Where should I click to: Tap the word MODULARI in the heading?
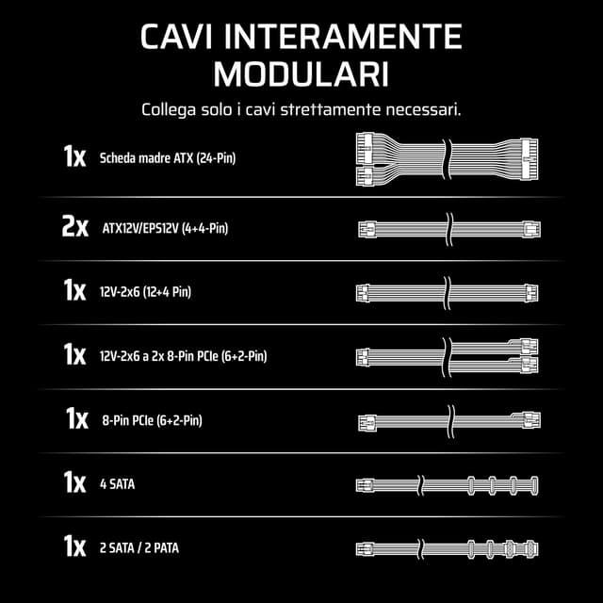pyautogui.click(x=301, y=73)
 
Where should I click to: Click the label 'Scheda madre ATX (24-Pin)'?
pyautogui.click(x=167, y=157)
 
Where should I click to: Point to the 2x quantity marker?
pyautogui.click(x=74, y=227)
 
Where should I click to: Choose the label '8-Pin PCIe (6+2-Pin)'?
pyautogui.click(x=152, y=420)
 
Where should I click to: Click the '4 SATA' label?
pyautogui.click(x=118, y=484)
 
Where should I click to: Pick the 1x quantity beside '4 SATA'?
pyautogui.click(x=74, y=483)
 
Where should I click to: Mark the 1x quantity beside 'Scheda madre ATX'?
pyautogui.click(x=74, y=156)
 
